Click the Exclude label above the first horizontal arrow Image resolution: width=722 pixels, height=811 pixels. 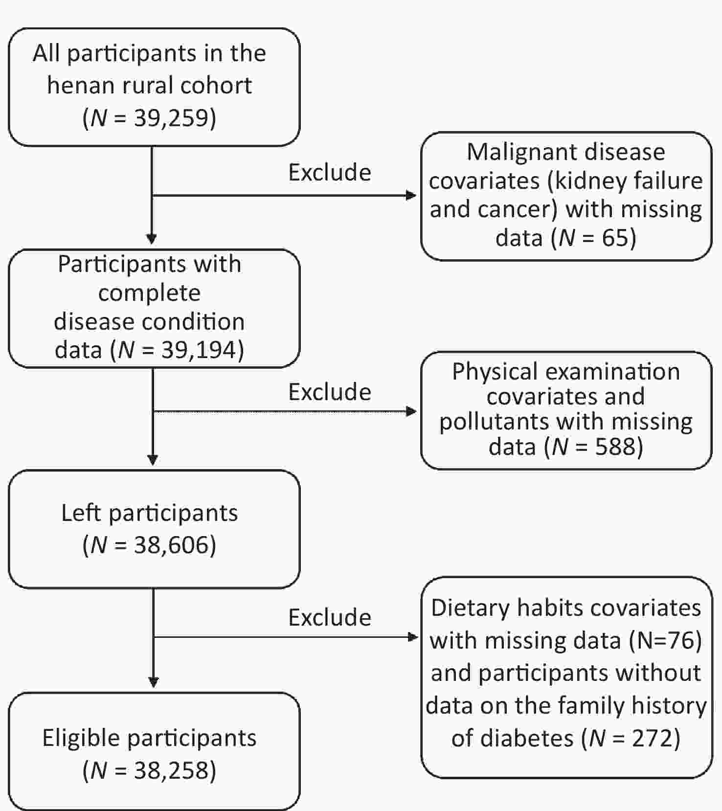click(330, 172)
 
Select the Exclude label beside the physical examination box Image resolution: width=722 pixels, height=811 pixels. click(330, 392)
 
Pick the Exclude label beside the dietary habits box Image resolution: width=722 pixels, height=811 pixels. click(330, 617)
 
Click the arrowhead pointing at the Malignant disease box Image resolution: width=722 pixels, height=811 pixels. click(411, 196)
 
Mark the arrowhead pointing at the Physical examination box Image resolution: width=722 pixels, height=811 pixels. click(411, 411)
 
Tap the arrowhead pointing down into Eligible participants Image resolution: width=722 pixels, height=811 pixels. click(153, 682)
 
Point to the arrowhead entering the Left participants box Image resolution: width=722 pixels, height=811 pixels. click(153, 460)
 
